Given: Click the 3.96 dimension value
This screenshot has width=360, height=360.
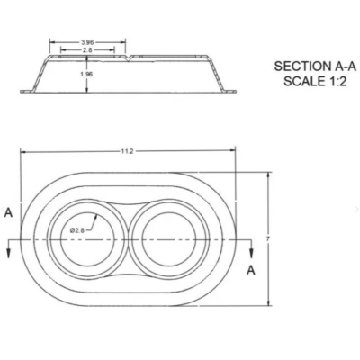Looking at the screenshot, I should pyautogui.click(x=87, y=42).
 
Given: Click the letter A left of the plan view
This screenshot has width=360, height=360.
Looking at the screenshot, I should pyautogui.click(x=7, y=213).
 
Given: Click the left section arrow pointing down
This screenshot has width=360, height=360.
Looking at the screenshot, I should pyautogui.click(x=9, y=254).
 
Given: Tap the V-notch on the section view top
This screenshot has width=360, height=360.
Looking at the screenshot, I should pyautogui.click(x=132, y=58).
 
